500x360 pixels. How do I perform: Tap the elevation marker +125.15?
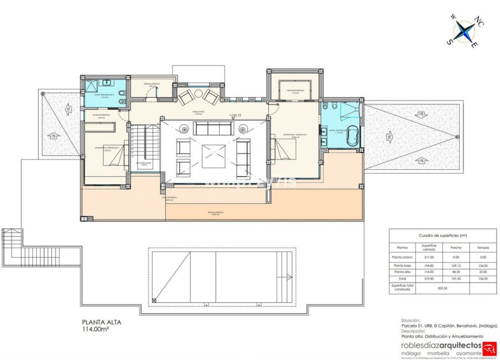235,116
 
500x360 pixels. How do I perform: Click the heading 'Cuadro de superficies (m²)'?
442,236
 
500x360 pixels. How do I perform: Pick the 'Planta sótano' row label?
405,257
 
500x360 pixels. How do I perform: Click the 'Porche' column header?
456,247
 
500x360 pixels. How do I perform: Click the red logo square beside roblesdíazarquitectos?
490,346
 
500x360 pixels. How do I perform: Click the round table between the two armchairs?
198,93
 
